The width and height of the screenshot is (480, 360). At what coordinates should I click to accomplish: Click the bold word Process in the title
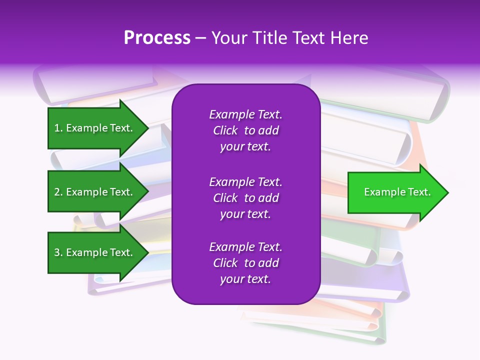tap(157, 38)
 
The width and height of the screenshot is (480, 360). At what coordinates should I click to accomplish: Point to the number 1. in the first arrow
tap(58, 128)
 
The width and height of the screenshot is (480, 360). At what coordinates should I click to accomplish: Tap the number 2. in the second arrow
tap(58, 192)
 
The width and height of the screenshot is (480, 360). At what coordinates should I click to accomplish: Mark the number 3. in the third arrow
tap(58, 252)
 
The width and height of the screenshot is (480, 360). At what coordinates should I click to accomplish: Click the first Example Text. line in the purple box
tap(245, 114)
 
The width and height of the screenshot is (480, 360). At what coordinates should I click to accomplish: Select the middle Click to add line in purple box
tap(245, 198)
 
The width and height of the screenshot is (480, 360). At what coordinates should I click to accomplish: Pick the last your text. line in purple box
tap(245, 279)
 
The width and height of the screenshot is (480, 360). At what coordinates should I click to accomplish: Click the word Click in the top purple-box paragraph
tap(225, 130)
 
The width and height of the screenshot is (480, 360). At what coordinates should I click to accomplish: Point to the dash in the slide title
tap(200, 38)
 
